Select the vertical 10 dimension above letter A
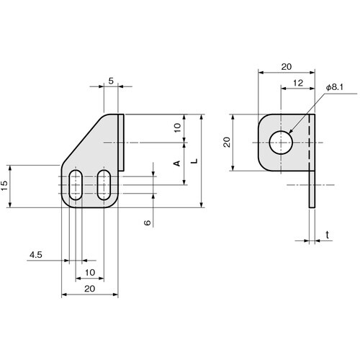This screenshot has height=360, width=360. coord(177,129)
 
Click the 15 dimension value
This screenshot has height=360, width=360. coord(6,186)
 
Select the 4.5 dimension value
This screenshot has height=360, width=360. coord(37,255)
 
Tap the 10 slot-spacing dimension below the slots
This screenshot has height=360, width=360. coord(90,272)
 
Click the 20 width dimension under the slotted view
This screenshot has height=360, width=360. coord(90,288)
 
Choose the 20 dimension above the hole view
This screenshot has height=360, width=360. coord(287,66)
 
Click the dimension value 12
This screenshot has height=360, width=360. coord(297,84)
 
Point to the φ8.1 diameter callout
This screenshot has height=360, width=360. coord(336,86)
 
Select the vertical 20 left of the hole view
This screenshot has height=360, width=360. coord(225,143)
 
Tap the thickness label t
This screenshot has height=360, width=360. coord(328,235)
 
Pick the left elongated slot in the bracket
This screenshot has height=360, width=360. coord(76,186)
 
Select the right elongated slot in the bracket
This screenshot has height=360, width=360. coord(104,186)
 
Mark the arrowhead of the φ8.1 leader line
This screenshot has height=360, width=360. coord(291,132)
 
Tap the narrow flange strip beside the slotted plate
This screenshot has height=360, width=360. coord(122,142)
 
